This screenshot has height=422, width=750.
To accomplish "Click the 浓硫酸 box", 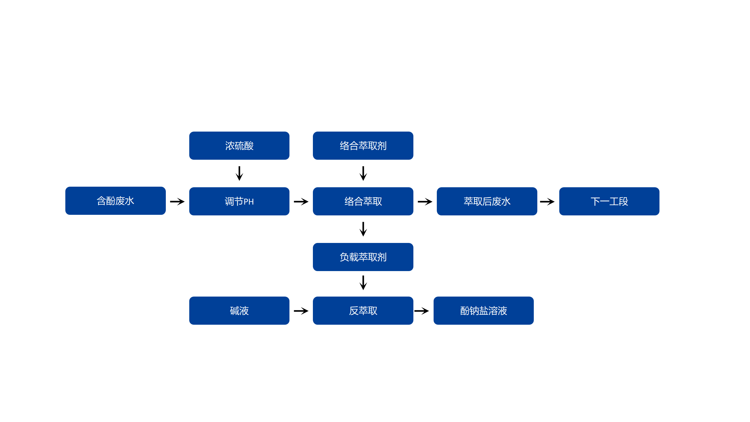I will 239,146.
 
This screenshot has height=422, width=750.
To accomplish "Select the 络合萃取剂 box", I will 363,146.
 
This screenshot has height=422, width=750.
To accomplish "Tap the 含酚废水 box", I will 115,201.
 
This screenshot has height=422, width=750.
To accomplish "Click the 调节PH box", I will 239,201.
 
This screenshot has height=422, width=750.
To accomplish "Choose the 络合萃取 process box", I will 363,201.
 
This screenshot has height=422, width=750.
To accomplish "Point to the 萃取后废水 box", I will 487,201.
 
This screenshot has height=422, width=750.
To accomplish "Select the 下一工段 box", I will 609,201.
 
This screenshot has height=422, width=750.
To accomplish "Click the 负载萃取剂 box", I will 363,257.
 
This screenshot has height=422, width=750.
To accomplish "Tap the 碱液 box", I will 239,311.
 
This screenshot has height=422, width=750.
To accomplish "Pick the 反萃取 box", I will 363,311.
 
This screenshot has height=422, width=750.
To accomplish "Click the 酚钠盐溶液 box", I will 483,311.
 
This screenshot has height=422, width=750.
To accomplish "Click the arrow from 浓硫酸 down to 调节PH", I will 239,173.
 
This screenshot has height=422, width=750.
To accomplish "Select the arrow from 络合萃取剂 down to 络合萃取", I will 363,173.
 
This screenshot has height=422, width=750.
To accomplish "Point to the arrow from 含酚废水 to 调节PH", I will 177,202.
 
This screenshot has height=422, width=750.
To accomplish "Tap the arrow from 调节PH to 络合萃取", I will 301,202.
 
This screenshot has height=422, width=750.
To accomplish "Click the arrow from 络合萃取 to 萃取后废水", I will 425,202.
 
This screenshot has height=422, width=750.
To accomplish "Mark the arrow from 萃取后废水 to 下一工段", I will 547,202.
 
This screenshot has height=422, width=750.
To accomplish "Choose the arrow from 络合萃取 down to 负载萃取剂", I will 363,229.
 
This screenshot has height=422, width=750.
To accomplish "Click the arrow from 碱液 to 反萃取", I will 301,311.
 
